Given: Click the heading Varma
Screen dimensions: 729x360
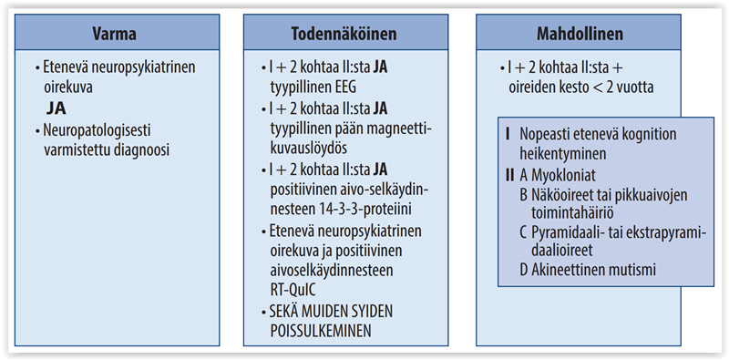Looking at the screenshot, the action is tap(116, 35).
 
